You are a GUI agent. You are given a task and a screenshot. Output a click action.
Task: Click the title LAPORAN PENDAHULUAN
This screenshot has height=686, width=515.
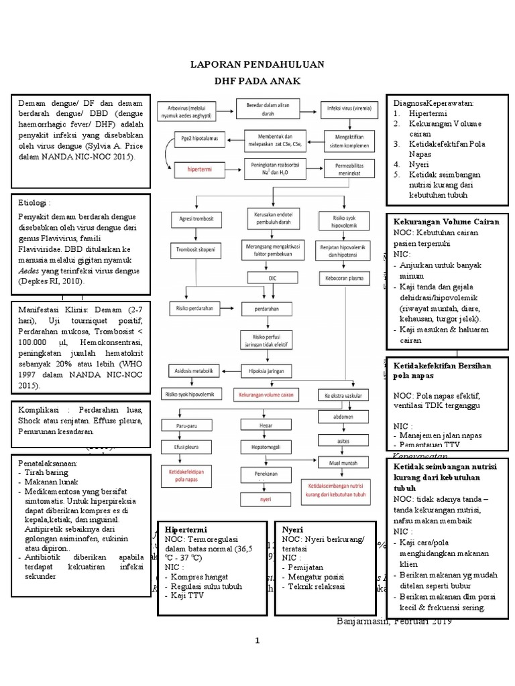click(x=257, y=64)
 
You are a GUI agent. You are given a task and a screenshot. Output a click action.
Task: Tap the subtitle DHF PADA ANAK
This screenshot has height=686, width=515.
click(x=257, y=81)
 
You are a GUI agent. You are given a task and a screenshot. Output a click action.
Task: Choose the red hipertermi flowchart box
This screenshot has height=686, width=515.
click(x=201, y=170)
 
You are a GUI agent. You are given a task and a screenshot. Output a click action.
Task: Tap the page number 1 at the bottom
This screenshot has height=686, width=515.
click(x=257, y=641)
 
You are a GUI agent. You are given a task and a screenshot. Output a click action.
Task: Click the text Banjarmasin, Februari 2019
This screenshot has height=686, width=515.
click(x=394, y=621)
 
